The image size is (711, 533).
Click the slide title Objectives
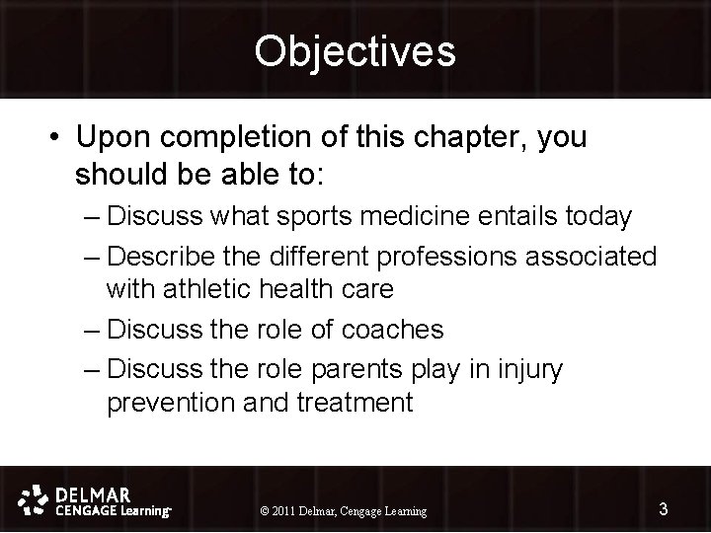[x=355, y=51]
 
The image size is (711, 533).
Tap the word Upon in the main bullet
[x=114, y=138]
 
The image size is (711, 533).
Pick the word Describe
[x=162, y=257]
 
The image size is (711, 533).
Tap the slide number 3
[x=664, y=509]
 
